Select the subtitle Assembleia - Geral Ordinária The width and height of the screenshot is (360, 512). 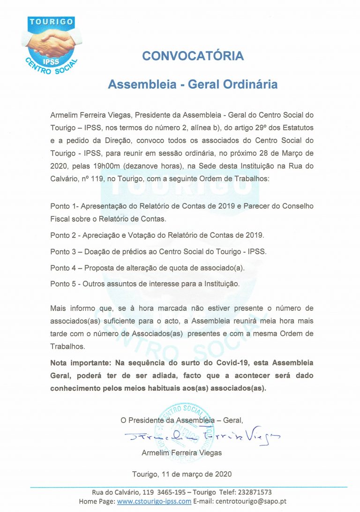pos(193,85)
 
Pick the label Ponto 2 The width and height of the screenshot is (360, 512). pos(64,235)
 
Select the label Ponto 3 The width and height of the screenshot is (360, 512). pos(64,251)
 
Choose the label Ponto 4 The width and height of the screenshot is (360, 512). pos(64,268)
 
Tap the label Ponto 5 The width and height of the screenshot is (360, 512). pos(64,284)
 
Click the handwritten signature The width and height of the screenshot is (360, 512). pos(202,437)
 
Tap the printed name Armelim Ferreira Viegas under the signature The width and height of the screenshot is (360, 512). pos(181,453)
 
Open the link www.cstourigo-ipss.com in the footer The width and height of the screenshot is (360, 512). pos(154,501)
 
